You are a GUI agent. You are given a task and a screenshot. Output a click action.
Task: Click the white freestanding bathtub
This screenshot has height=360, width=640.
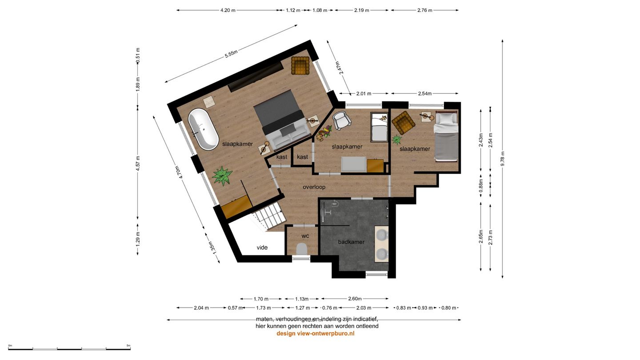[x=203, y=129]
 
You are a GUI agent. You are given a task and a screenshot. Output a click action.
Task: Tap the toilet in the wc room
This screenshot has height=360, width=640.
[x=302, y=249]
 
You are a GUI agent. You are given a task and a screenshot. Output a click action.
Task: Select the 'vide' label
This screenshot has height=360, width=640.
[x=262, y=248]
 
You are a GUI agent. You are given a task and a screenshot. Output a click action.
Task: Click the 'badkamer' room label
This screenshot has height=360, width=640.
[x=351, y=242]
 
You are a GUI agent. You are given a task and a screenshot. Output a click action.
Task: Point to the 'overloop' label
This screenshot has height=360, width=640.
[x=314, y=187]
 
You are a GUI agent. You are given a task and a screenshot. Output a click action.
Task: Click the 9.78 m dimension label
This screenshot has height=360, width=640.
[x=503, y=158]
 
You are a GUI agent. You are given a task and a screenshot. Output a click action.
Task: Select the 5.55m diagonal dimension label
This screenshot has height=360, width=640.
[x=231, y=54]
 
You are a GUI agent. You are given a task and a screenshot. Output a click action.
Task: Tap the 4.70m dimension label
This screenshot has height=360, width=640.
[x=179, y=172]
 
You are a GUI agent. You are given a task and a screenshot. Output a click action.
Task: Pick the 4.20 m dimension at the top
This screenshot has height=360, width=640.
[x=228, y=10]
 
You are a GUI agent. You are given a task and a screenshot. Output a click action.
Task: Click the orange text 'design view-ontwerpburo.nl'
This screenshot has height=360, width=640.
[x=315, y=333]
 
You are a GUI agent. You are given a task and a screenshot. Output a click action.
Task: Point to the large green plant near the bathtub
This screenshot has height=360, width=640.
[x=222, y=175]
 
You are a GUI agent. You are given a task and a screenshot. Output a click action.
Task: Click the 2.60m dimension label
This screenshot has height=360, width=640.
[x=355, y=299]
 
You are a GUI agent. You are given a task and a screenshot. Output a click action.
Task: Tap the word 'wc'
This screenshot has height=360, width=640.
[x=305, y=236]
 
